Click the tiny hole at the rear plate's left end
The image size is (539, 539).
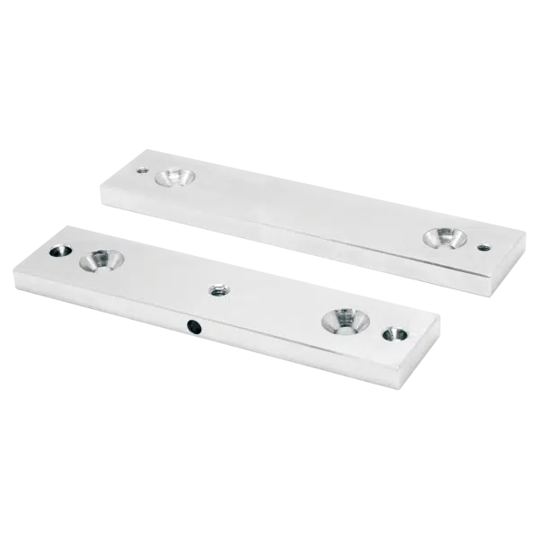[x=139, y=168]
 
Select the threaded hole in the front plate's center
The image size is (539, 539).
[x=216, y=289]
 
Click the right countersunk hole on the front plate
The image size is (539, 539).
[x=343, y=319]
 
